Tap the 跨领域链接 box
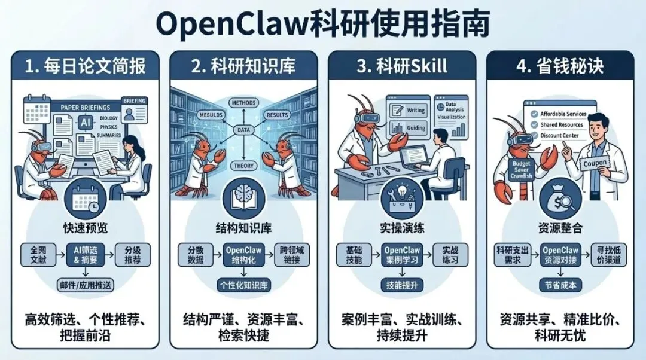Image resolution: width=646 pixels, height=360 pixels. pos(291,254)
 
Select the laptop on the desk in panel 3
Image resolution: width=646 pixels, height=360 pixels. pos(422,157)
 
